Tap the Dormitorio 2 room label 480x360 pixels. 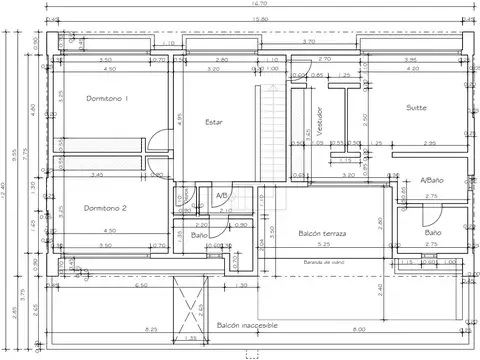pyautogui.click(x=105, y=208)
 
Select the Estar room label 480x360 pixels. pyautogui.click(x=213, y=122)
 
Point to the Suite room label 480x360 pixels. pyautogui.click(x=417, y=107)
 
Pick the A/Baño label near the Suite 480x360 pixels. pyautogui.click(x=432, y=180)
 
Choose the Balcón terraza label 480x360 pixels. pyautogui.click(x=322, y=233)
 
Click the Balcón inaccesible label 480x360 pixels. pyautogui.click(x=247, y=326)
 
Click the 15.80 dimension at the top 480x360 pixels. pyautogui.click(x=258, y=19)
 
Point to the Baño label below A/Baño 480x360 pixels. pyautogui.click(x=432, y=232)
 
